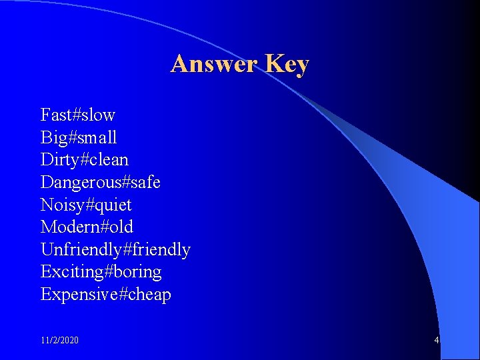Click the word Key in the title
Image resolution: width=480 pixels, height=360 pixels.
coord(287,64)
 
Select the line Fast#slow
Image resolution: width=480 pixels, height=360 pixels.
coord(77,115)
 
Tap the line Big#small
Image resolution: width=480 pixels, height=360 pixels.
coord(79,137)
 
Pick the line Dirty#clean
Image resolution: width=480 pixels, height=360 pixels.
coord(85,160)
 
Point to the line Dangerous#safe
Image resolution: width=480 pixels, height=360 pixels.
coord(100,182)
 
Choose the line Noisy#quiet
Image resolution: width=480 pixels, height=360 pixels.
coord(86,205)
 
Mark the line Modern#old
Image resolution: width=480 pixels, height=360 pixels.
coord(87,227)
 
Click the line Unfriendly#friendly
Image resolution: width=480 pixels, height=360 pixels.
coord(115,249)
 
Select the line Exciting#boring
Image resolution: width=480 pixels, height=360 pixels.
coord(101,272)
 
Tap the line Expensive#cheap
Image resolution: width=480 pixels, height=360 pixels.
coord(105,295)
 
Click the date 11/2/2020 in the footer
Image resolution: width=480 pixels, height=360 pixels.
coord(59,340)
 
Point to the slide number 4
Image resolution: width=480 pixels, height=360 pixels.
coord(436,340)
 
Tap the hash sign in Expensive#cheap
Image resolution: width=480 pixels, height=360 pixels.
coord(123,295)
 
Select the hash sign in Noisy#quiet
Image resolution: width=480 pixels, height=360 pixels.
coord(90,205)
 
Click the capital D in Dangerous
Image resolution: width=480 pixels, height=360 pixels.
coord(47,182)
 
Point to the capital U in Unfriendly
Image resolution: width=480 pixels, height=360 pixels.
coord(47,249)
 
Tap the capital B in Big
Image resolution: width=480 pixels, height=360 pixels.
coord(46,137)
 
